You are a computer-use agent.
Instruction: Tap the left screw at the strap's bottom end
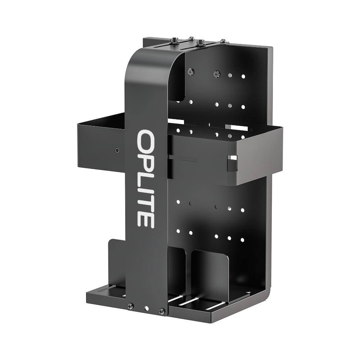click(130, 306)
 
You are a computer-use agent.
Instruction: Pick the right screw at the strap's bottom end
click(162, 310)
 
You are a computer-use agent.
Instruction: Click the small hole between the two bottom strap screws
click(146, 309)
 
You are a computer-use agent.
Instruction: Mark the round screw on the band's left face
click(117, 150)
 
